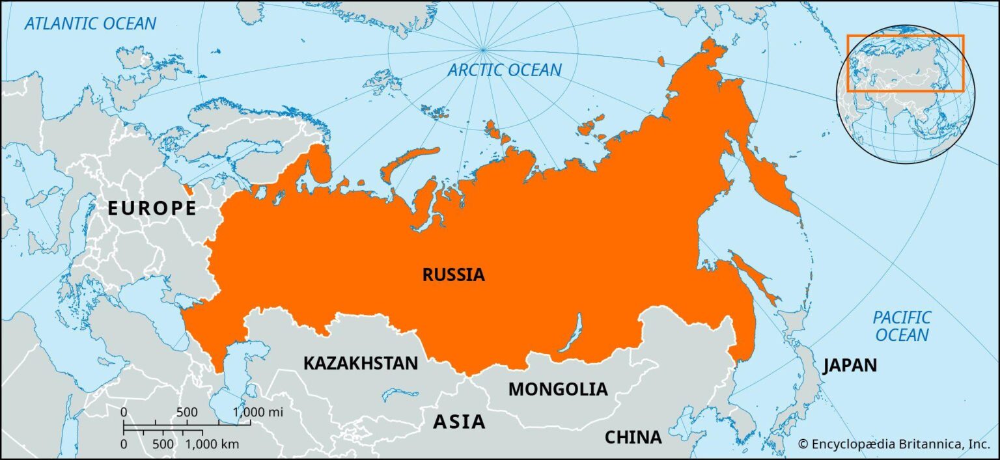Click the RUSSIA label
(x=454, y=275)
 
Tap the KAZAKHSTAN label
(x=360, y=363)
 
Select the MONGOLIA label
(x=557, y=389)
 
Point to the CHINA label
(x=633, y=437)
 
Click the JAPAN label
(x=850, y=365)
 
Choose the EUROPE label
(x=152, y=208)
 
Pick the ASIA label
(x=459, y=422)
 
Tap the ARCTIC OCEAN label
(x=504, y=70)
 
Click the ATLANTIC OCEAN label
(x=90, y=24)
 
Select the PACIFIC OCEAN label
(x=902, y=326)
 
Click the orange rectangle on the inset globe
(x=905, y=63)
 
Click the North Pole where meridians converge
(x=482, y=49)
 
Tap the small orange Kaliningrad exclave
(x=188, y=189)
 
